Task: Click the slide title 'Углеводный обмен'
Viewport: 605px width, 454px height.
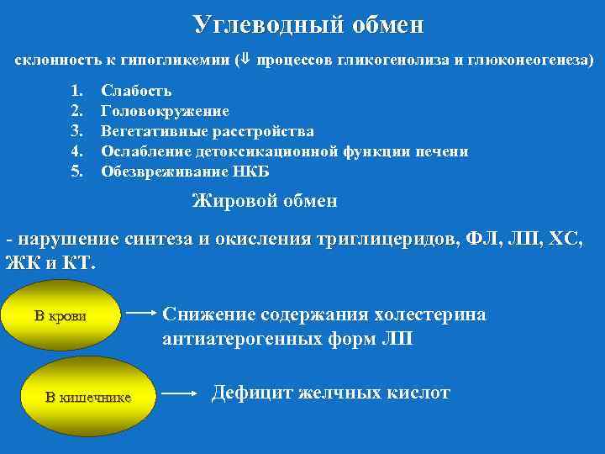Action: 308,24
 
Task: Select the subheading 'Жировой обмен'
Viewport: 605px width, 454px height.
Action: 265,201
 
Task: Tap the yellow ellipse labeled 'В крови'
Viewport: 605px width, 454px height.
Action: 60,316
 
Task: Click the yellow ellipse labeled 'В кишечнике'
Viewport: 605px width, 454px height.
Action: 87,397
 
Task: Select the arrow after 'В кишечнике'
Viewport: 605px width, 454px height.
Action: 183,393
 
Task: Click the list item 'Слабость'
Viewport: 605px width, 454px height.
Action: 136,91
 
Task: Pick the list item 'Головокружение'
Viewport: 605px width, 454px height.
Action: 165,111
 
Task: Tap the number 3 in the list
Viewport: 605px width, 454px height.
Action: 76,131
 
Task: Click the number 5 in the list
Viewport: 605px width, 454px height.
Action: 76,172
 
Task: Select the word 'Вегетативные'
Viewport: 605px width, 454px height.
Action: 152,131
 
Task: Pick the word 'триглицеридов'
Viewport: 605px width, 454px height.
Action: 388,239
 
